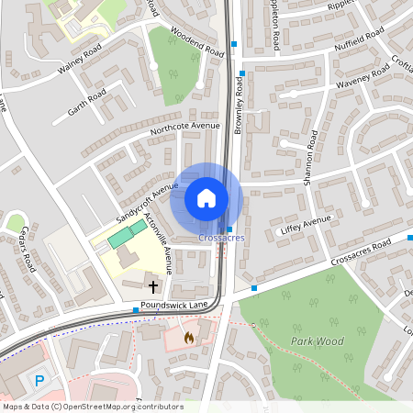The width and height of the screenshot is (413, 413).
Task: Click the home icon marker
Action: coord(206,197)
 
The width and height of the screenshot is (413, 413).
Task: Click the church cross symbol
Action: coord(152,287)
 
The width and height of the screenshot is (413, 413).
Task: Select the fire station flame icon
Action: coord(189,337)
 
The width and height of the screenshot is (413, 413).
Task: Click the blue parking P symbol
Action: coord(39,381)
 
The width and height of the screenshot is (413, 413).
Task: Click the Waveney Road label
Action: coord(339,82)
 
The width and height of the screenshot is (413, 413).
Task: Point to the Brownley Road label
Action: coord(238,106)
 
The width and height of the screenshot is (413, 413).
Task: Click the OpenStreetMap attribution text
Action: coord(92,407)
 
